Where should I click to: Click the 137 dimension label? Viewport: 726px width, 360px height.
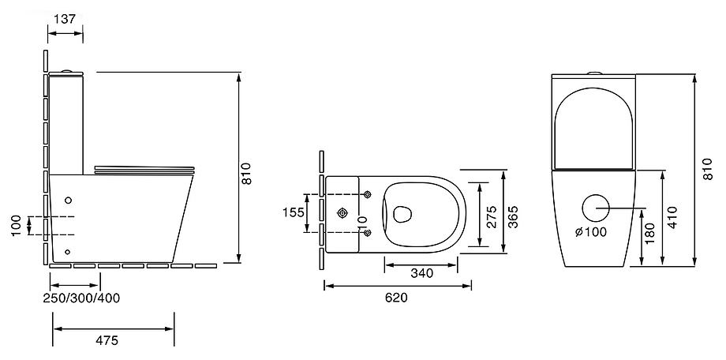coord(65,18)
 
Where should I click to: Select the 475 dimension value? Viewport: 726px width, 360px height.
coord(107,340)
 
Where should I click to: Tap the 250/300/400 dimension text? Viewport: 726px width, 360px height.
coord(81,298)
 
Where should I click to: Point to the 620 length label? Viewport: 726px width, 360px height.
coord(396,298)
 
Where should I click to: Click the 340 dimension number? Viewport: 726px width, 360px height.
coord(422,273)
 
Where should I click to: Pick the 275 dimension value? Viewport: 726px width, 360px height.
coord(492,216)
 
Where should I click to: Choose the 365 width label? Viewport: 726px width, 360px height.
coord(513,216)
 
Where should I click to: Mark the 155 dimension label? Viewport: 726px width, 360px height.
coord(294,212)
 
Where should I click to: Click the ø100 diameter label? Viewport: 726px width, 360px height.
coord(591,231)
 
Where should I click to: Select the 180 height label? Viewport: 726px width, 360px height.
coord(650,234)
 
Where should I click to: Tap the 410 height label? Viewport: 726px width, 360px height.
coord(672,216)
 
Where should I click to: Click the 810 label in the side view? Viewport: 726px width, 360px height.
coord(246,174)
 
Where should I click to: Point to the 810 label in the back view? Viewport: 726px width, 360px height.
coord(706,169)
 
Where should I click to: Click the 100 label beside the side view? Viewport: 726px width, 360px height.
coord(17,226)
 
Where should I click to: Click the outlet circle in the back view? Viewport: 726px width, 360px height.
coord(595,208)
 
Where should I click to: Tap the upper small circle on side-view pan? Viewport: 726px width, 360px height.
coord(69,201)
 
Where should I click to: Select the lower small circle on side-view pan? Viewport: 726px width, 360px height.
coord(68,252)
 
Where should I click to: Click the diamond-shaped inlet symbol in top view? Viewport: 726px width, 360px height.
coord(342,213)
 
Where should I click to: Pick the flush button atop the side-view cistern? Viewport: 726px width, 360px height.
coord(66,71)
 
